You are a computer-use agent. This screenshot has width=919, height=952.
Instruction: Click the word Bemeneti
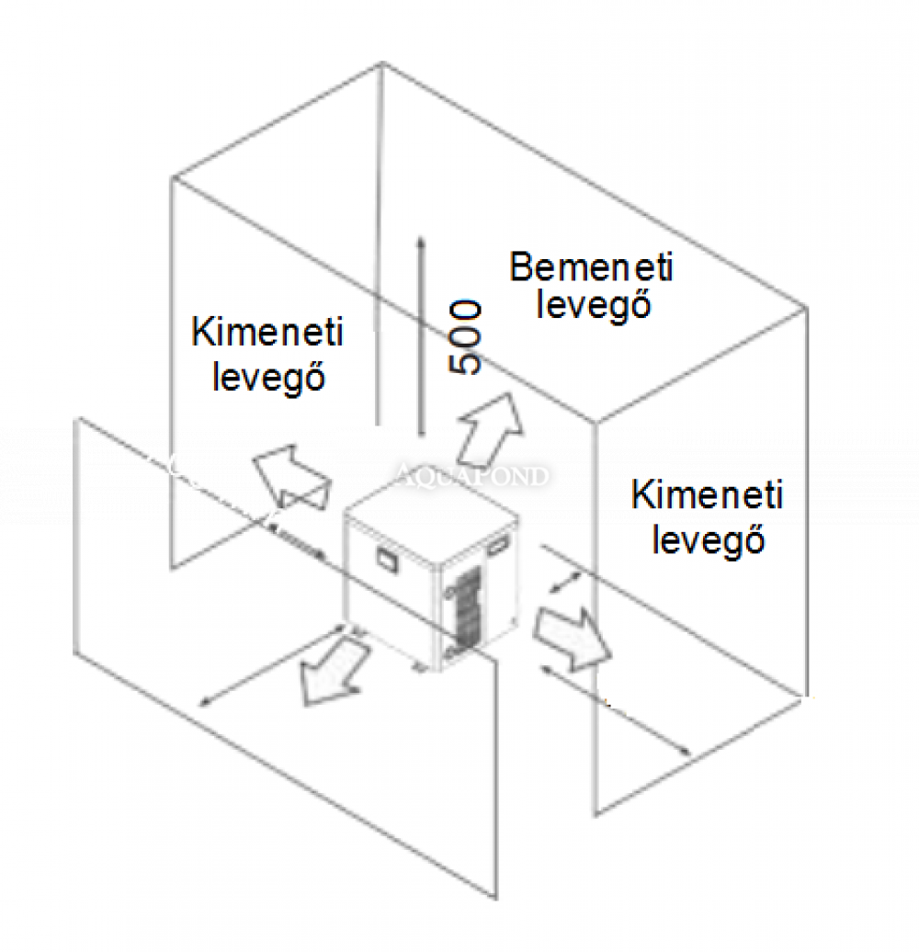click(591, 267)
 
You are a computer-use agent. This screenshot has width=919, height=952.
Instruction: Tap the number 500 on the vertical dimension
click(467, 337)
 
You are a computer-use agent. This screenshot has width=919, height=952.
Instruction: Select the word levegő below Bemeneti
click(594, 303)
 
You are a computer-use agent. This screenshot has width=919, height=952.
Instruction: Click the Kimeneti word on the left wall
click(267, 332)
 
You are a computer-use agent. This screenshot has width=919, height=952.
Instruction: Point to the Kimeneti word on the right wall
click(707, 496)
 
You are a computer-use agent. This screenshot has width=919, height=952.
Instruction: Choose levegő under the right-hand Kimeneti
click(709, 539)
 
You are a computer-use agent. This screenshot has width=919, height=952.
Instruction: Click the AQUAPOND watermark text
click(472, 476)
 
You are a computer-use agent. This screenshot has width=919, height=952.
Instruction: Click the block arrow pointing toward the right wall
click(572, 635)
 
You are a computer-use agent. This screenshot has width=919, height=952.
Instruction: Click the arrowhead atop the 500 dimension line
click(419, 244)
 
